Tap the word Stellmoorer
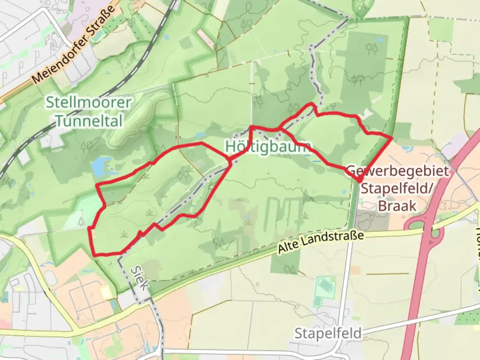[x=89, y=102]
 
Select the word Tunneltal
[x=89, y=121]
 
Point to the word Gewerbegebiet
[x=398, y=171]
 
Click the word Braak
[x=397, y=206]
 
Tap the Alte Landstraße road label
[x=320, y=242]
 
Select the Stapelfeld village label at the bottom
[x=328, y=333]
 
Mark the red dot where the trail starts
[x=359, y=180]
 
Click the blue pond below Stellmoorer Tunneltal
[x=99, y=167]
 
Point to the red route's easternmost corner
[x=392, y=137]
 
